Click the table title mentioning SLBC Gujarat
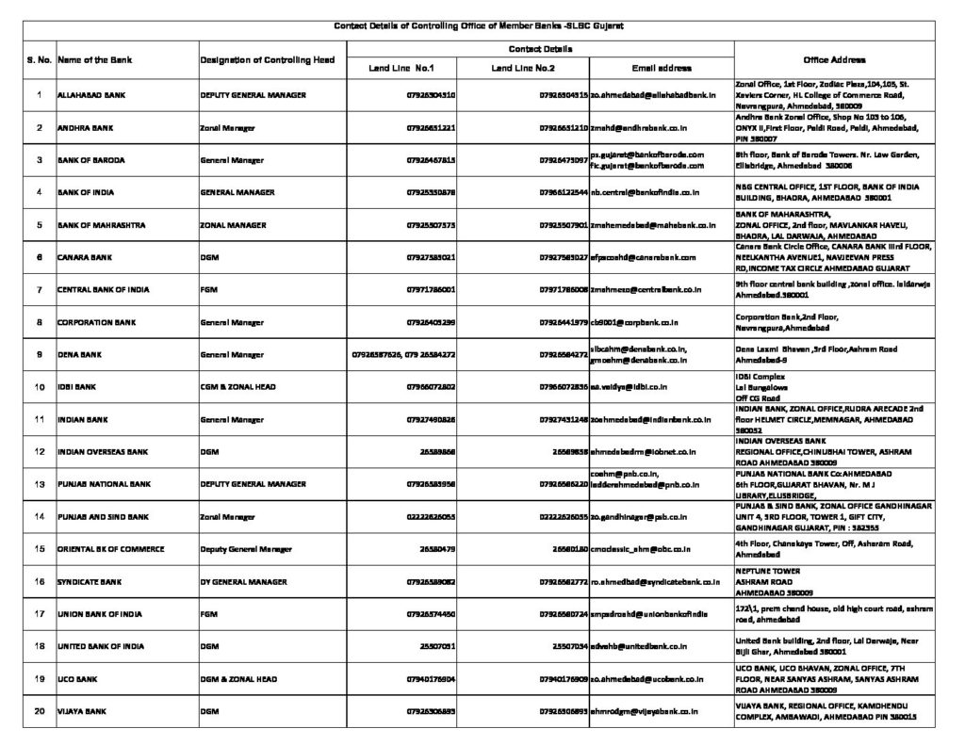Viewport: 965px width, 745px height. (x=482, y=26)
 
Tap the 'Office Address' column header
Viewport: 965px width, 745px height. (x=834, y=58)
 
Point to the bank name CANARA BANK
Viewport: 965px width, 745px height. (x=81, y=256)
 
